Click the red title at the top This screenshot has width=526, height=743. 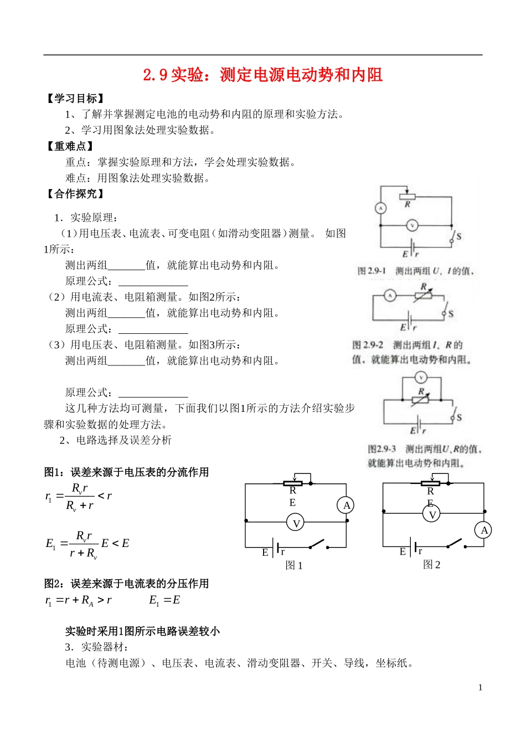[263, 75]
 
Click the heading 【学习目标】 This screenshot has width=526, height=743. [75, 99]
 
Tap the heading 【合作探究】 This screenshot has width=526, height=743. [75, 194]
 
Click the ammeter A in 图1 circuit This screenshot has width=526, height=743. [346, 505]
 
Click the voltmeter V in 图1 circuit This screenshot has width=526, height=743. [296, 523]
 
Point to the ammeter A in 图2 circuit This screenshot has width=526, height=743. [484, 530]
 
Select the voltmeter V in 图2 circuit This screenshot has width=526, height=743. [432, 514]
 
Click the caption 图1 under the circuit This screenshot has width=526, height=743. [293, 565]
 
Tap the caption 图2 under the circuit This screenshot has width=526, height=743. [431, 564]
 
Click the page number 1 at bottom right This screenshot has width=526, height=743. [480, 688]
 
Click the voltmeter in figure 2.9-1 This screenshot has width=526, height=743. [412, 225]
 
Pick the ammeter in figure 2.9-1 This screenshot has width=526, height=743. [381, 208]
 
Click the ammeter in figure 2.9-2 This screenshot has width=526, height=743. [390, 296]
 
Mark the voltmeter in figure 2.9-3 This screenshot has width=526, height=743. [421, 378]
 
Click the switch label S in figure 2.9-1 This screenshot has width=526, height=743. [458, 236]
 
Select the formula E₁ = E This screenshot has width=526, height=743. [164, 600]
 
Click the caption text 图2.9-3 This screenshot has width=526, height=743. [382, 449]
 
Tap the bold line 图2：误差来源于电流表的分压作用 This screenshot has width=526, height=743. [126, 584]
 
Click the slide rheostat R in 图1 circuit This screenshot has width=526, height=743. [292, 483]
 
